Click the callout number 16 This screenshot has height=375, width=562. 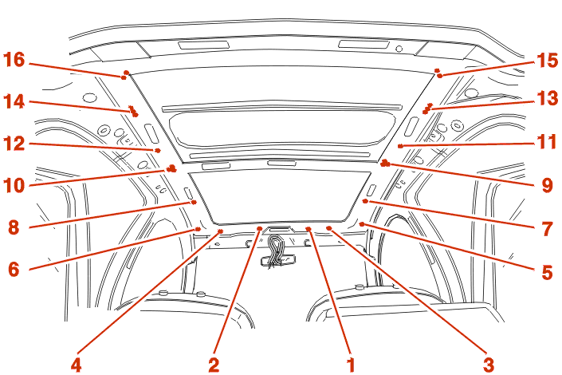point(14,60)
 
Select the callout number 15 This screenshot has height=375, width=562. point(547,61)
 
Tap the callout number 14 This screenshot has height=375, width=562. point(14,101)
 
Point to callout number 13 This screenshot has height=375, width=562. point(547,98)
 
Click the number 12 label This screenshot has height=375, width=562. point(14,144)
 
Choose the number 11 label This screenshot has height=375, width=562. point(547,142)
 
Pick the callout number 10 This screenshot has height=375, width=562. point(14,186)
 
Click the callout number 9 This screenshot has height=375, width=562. point(548,185)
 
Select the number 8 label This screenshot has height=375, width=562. point(14,227)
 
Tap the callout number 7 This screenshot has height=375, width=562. point(548,228)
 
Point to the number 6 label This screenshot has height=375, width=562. point(14,269)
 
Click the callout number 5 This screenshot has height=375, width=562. point(548,272)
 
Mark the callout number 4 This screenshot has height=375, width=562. point(76,365)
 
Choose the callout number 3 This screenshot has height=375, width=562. point(489,365)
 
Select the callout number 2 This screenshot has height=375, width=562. point(214,365)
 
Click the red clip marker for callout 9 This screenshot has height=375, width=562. point(385,164)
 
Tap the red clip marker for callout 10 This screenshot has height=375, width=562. point(171,168)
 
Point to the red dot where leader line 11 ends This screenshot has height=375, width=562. point(400,146)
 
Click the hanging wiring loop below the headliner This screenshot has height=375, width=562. point(275,251)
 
